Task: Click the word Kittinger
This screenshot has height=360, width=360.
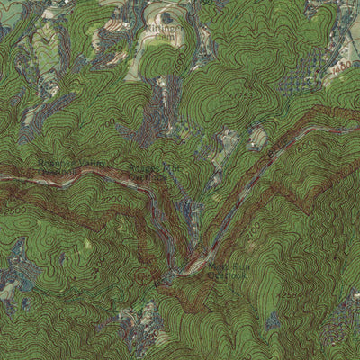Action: (170, 30)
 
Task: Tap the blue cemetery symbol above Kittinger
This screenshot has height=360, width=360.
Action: (166, 17)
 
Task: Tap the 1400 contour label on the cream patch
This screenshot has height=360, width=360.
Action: (339, 67)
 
